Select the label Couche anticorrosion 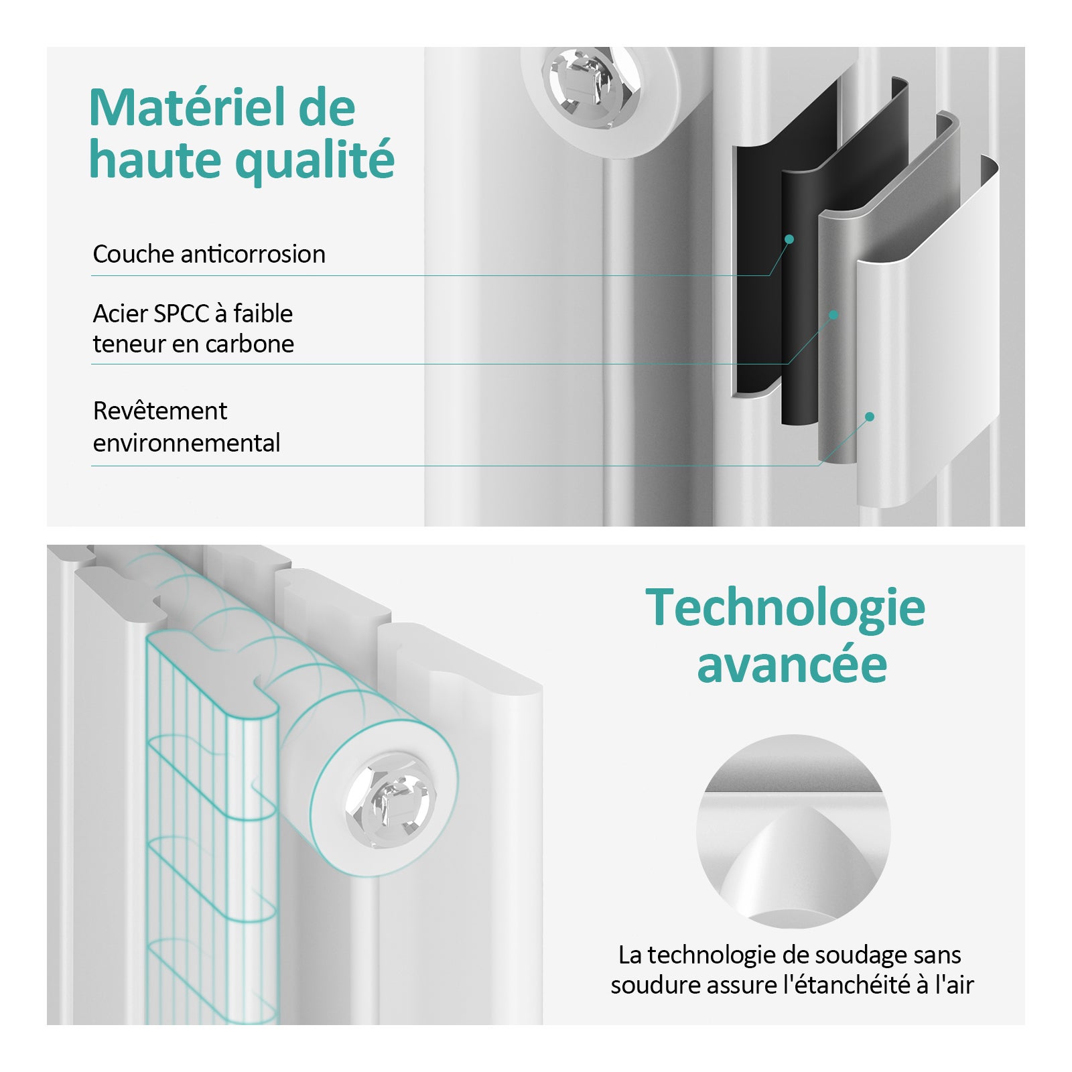pos(209,255)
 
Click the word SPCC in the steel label pos(181,314)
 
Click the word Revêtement pos(160,411)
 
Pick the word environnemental pos(186,443)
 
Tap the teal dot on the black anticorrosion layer pos(789,239)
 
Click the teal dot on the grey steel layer pos(833,314)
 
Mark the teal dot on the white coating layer pos(870,417)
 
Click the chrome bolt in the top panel pos(585,86)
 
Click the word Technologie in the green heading pos(785,608)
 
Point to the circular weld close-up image pos(793,831)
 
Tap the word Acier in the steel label pos(120,314)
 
